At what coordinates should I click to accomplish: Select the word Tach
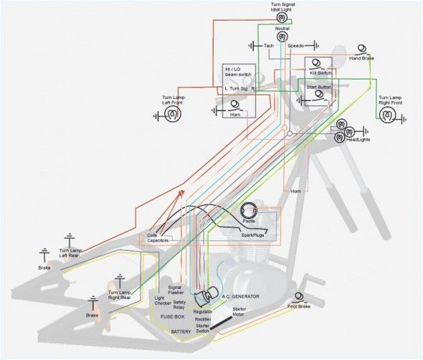coord(269,46)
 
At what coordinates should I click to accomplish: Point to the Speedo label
coord(296,46)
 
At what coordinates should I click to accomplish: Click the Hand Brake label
coord(363,57)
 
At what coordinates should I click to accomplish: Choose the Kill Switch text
coord(320,73)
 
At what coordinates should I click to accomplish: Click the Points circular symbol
coord(249,212)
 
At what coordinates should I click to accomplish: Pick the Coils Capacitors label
coord(157,238)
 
